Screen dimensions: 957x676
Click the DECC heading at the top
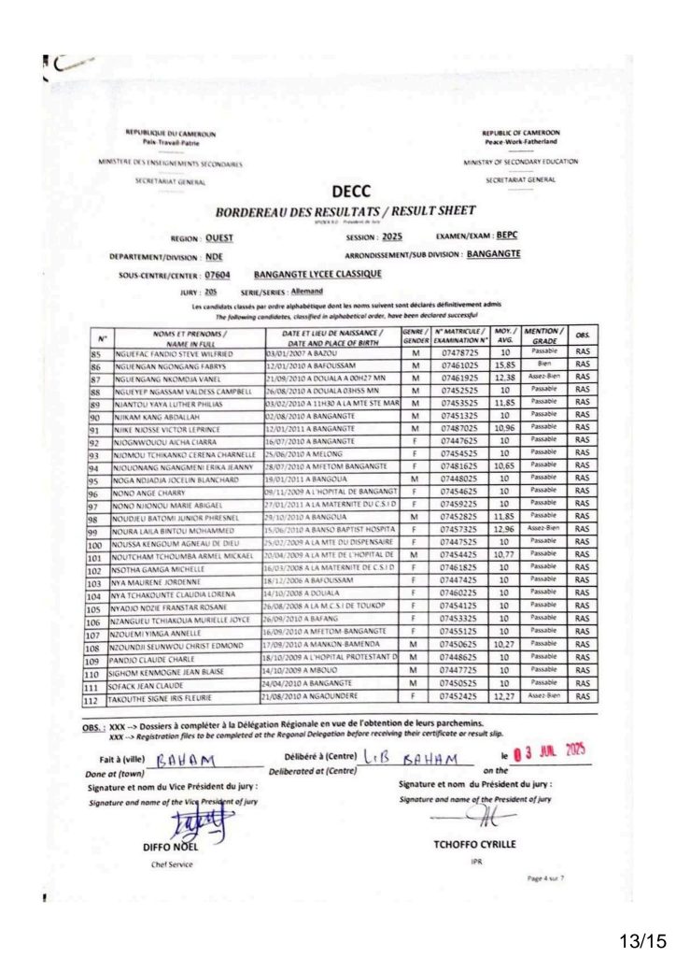pos(351,193)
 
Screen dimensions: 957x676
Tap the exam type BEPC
pos(507,236)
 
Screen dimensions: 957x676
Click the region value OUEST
pos(220,238)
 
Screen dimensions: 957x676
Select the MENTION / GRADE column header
pos(542,336)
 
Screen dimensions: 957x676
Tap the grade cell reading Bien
pos(542,365)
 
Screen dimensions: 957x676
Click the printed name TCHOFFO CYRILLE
pos(474,844)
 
